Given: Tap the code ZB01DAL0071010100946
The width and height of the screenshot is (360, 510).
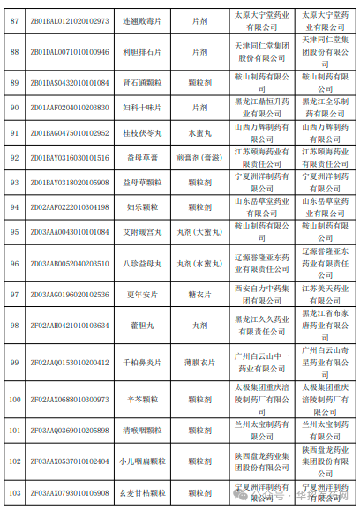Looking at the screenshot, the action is [69, 52].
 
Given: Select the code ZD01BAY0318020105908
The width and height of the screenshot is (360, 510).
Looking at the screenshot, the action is [69, 183].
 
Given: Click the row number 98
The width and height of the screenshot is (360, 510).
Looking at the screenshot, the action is [14, 326].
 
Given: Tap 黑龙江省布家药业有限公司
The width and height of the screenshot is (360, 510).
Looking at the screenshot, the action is [321, 326].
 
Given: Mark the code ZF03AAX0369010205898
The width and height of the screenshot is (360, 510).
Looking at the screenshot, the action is [69, 430].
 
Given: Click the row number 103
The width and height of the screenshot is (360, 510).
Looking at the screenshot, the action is [14, 492].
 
